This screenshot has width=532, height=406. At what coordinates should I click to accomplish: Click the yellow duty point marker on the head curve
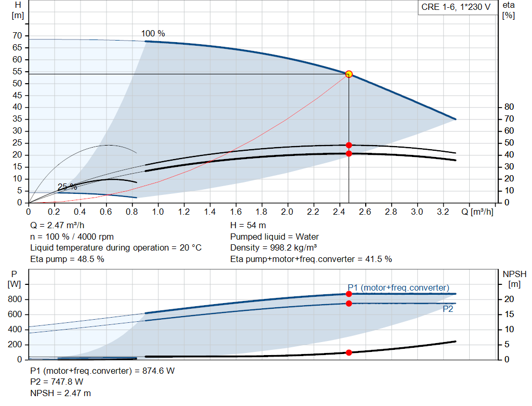349,74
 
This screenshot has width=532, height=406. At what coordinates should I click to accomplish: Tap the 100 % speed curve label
153,34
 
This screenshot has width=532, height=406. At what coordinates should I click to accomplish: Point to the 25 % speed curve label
67,187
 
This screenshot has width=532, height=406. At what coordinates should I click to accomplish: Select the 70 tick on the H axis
17,35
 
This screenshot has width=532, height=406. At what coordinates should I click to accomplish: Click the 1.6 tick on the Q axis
235,212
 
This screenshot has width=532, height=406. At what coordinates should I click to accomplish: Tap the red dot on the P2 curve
349,303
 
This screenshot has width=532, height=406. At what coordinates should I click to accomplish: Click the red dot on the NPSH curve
349,352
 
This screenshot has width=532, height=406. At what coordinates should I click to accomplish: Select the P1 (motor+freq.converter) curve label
398,287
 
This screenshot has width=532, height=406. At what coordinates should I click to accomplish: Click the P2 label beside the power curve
448,309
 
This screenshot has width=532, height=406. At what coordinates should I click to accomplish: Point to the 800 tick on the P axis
15,299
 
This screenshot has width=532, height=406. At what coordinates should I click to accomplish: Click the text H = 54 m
248,226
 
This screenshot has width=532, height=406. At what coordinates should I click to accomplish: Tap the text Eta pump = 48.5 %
67,259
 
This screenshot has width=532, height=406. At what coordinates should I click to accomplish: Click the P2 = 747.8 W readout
57,382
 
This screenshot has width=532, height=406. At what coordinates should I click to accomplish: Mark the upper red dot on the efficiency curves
349,145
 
